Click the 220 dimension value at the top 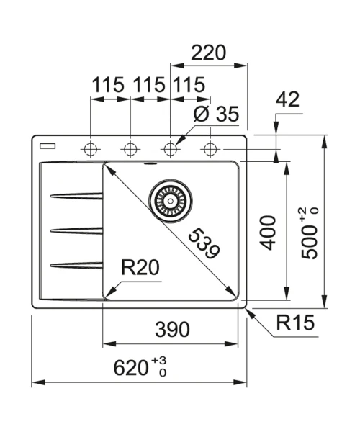click(x=208, y=53)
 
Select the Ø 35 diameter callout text click(x=216, y=114)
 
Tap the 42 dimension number click(x=287, y=99)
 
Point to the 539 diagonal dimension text click(x=204, y=243)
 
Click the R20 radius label click(x=140, y=268)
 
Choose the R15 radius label click(x=295, y=323)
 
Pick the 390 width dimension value click(x=172, y=329)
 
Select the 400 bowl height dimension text click(x=268, y=233)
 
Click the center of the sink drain click(x=171, y=201)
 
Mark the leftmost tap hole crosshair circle click(x=91, y=149)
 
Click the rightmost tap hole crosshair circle click(x=210, y=149)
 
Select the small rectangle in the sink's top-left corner click(x=48, y=146)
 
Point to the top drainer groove click(x=76, y=196)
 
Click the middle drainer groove click(x=76, y=230)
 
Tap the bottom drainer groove click(x=76, y=266)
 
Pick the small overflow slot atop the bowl click(x=150, y=163)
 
